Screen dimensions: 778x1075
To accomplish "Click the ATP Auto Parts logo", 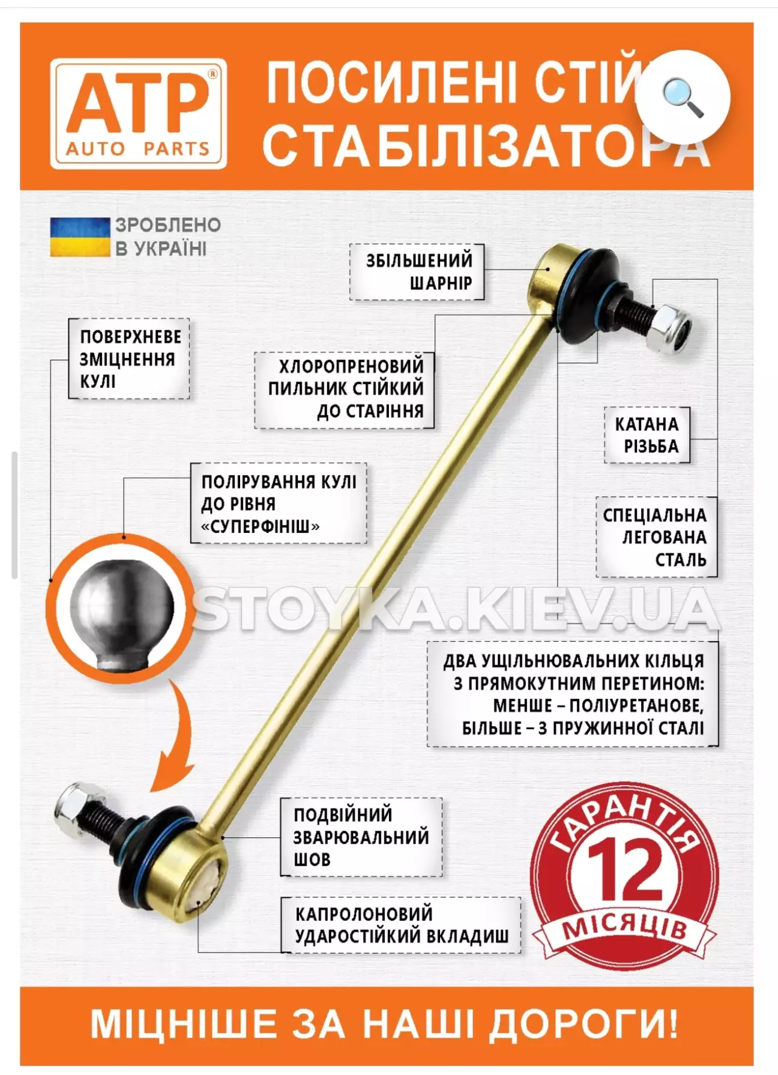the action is tap(139, 113).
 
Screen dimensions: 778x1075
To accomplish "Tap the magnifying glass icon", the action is tap(683, 98).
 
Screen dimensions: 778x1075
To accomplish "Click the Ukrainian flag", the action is tap(80, 237).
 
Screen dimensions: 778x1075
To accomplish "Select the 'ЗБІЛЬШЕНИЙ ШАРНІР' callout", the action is tap(417, 272).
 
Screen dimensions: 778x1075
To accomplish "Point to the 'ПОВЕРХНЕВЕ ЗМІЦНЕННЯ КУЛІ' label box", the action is tap(129, 359).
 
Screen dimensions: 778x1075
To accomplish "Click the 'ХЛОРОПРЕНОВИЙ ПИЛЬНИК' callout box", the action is tap(345, 389).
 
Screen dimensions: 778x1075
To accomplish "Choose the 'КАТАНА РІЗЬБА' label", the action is tap(647, 435).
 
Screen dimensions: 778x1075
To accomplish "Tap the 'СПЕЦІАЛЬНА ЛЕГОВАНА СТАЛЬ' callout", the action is tap(657, 537).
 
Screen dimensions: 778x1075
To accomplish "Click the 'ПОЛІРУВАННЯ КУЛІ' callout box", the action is tap(279, 503).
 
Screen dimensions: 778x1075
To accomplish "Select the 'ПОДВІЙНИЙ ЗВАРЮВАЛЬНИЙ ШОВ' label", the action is tap(361, 837).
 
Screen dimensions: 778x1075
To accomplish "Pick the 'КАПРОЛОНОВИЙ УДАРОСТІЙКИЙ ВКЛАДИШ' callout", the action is tap(401, 925).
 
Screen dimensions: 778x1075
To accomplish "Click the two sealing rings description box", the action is tap(573, 694).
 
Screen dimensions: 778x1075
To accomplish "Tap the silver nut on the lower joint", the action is tap(71, 809).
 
